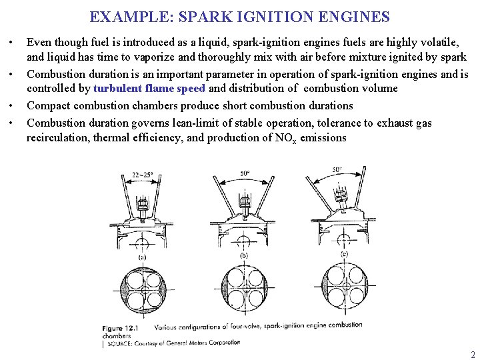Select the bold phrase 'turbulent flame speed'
click(x=149, y=88)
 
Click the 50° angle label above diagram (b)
click(x=245, y=174)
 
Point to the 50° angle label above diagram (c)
click(x=337, y=170)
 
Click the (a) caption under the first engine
click(x=141, y=257)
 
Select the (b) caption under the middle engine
click(x=243, y=255)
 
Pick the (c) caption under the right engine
click(x=344, y=254)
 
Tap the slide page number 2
click(x=473, y=355)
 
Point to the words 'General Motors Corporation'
click(x=199, y=343)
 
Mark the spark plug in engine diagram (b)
click(x=245, y=200)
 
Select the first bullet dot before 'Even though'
click(x=13, y=41)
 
